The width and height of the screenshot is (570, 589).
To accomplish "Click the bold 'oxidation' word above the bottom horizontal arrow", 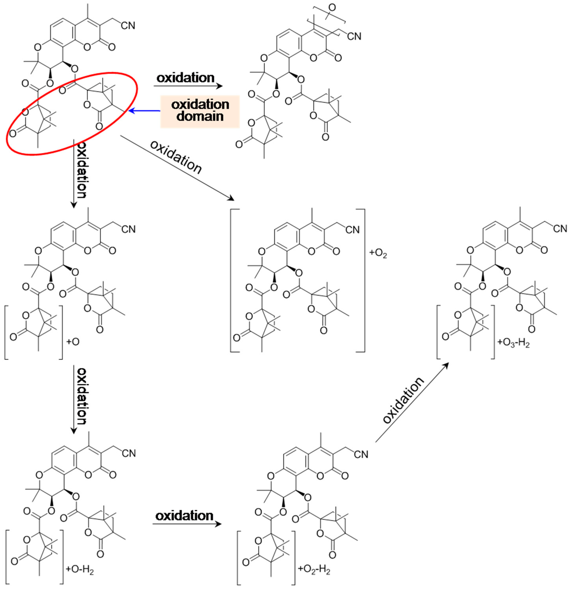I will (184, 516).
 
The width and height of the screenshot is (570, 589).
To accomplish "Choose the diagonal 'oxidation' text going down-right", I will (176, 157).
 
